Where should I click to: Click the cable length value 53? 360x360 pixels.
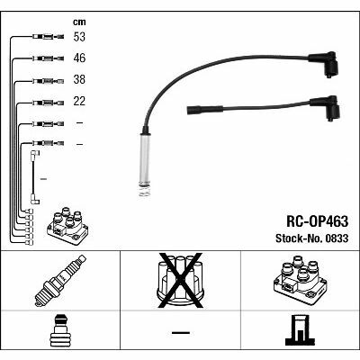coord(79,37)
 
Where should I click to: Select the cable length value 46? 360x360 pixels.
coord(79,58)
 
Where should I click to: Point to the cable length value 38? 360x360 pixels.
coord(79,79)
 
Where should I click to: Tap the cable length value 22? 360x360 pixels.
coord(79,101)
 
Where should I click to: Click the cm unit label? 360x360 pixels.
coord(79,22)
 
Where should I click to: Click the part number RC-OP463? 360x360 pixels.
coord(318,221)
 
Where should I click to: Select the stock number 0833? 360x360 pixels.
coord(336,238)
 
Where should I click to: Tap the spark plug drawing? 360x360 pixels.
coord(60,281)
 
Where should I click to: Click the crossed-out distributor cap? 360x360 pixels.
coord(180,281)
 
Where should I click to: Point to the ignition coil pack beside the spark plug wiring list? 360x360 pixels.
coord(67,225)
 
